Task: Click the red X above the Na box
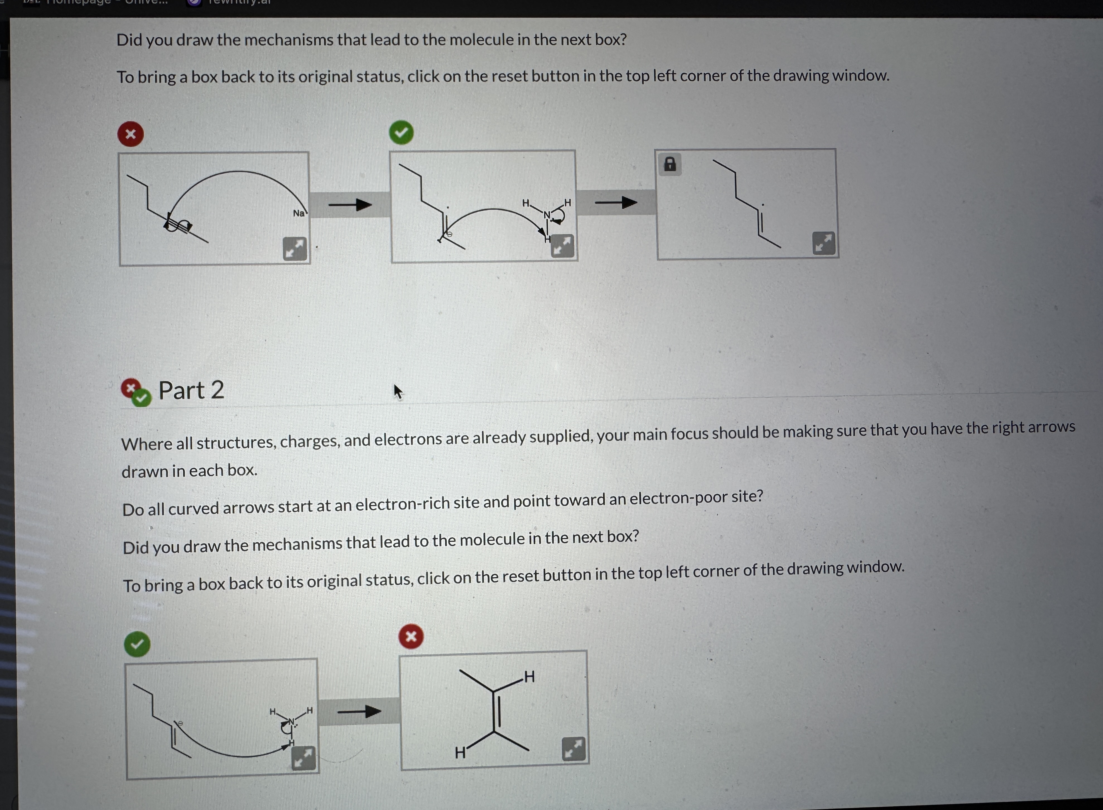(131, 134)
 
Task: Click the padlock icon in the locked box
(670, 164)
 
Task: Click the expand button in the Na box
(295, 249)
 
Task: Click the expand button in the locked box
(824, 243)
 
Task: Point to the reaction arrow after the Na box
(350, 204)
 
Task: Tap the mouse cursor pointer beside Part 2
(397, 391)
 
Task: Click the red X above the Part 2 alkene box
(411, 636)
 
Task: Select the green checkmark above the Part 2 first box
(137, 644)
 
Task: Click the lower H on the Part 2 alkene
(459, 753)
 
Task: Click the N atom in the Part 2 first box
(291, 721)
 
